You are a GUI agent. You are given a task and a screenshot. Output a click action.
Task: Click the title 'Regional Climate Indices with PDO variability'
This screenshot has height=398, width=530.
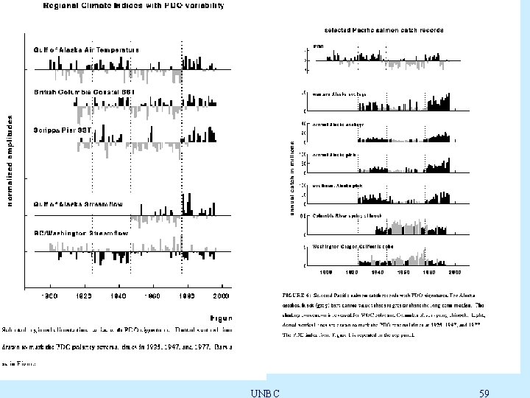(127, 6)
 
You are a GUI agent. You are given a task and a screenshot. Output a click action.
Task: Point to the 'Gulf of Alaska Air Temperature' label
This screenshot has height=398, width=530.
(85, 49)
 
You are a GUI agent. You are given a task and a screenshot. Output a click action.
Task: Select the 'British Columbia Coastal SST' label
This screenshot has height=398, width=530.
(84, 92)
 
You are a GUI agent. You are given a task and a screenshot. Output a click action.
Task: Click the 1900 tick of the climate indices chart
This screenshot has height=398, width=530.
(49, 296)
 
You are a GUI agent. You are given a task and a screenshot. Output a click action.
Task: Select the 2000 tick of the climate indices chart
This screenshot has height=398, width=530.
(222, 296)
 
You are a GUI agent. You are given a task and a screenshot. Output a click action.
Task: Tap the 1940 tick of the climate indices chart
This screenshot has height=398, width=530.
(118, 296)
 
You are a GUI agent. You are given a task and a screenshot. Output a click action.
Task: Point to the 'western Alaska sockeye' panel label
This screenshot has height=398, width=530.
(339, 94)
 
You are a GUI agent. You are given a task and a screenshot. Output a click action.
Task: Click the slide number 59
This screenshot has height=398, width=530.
(484, 392)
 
